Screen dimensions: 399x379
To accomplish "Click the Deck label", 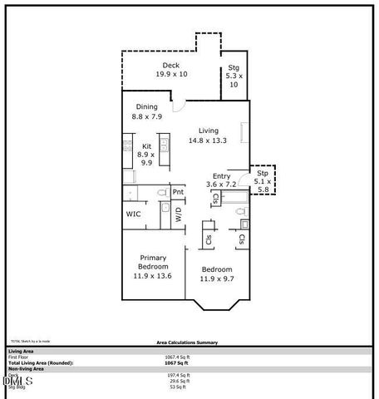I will point(171,65).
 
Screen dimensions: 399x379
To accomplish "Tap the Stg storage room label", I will point(234,68).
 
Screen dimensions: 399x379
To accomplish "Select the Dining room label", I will point(146,106).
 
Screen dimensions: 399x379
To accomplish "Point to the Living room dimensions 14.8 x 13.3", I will point(208,140).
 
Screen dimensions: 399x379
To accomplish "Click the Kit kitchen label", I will point(146,146).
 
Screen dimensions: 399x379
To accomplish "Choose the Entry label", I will point(221,175).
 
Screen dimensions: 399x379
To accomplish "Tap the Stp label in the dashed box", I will point(263,173).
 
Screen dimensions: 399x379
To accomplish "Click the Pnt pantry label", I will point(178,192).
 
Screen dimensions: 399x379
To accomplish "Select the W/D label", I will point(178,214).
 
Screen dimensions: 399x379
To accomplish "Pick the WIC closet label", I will point(133,214).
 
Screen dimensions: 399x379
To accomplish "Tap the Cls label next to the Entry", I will point(215,199).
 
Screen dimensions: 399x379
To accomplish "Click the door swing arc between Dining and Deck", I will point(178,106).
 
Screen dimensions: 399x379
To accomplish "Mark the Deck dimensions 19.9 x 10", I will point(171,75).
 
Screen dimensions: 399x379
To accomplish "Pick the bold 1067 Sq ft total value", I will point(177,363).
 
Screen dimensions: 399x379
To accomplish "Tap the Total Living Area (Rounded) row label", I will point(41,363).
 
